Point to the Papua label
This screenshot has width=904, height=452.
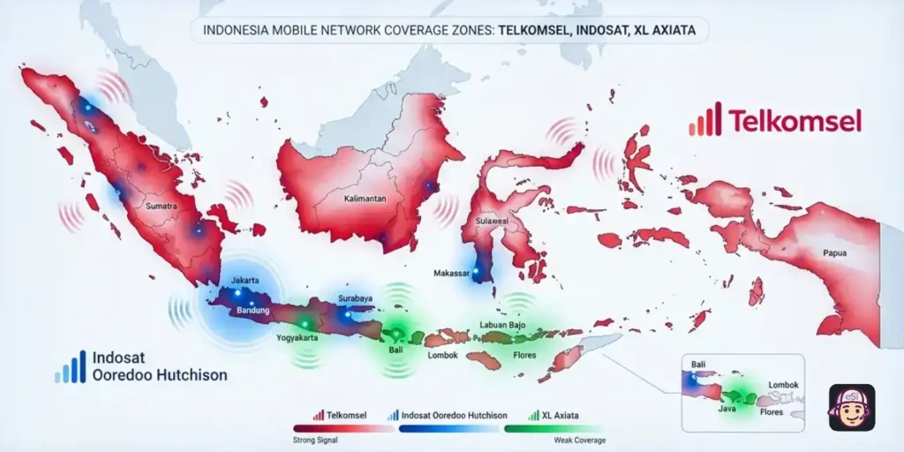834,253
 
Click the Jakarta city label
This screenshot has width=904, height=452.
245,281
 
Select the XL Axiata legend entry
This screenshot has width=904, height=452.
561,415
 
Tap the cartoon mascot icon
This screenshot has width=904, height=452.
851,408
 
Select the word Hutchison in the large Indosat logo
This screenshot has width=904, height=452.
191,375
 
